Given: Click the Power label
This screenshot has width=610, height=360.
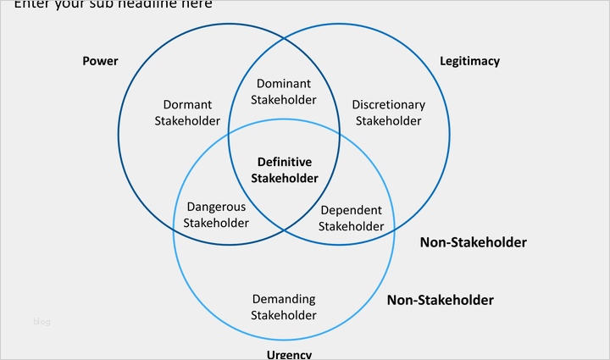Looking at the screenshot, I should pos(100,61).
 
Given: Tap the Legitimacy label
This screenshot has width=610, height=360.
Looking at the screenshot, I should pos(469,61).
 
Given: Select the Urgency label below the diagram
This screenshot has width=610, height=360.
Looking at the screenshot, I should pos(289,354).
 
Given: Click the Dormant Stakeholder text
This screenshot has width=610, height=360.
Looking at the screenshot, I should pos(188,113).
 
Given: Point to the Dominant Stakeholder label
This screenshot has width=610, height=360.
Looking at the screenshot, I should pos(284,91).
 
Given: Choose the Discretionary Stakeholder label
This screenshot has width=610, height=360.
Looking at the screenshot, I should pos(388,113).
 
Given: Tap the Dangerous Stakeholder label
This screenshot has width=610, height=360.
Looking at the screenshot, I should pos(216,214).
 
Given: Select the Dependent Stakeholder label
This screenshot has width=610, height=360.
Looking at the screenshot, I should pos(352,218).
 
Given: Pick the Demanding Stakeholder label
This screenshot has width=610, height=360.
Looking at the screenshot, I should pos(285,307).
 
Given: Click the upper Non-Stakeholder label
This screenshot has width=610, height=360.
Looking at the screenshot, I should pos(473,242).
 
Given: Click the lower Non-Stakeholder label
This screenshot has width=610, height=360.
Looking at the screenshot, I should pos(440,300).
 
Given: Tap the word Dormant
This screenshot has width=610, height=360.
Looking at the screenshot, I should pos(187,105).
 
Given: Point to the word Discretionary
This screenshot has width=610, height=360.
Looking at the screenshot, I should pos(388,105).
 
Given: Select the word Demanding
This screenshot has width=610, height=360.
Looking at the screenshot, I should pos(285,299).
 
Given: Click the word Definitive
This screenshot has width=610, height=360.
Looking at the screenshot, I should pos(285,162).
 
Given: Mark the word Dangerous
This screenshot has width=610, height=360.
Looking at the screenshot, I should pos(216,207).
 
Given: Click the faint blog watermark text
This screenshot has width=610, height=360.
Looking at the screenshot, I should pos(42,321).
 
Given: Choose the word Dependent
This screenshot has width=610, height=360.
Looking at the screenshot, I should pos(352,210).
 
